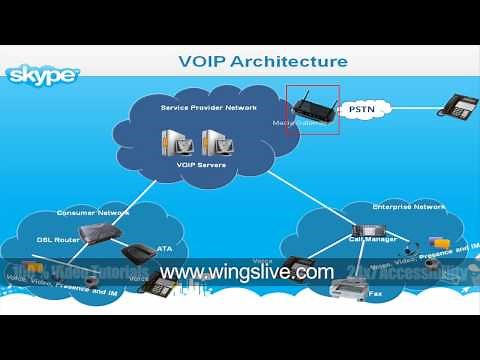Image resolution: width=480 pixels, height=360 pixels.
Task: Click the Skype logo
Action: (x=44, y=75)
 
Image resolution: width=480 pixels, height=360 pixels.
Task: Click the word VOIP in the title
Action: (x=205, y=62)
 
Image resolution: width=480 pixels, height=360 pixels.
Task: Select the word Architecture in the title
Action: (x=290, y=62)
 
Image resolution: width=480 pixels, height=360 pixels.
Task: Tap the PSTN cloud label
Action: (x=363, y=106)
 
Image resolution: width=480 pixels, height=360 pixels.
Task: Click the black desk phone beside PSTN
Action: (x=455, y=105)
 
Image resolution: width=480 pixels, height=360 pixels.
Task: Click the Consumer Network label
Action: (x=85, y=212)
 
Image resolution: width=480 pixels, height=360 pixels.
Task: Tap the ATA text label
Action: (x=165, y=249)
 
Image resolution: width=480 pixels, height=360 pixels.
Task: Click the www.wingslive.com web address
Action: (x=246, y=272)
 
